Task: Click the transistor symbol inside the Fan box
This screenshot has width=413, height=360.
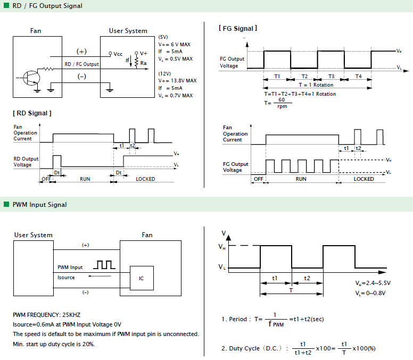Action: point(31,78)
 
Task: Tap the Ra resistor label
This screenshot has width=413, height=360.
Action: point(143,63)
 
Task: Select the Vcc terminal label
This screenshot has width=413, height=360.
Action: point(118,54)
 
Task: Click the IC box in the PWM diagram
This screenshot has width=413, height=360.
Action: point(142,278)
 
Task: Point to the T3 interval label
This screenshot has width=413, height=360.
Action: point(332,77)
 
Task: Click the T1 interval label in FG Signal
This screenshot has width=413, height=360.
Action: point(277,77)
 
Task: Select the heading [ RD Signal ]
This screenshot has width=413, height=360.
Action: point(32,113)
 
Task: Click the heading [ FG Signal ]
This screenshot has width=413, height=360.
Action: point(238,28)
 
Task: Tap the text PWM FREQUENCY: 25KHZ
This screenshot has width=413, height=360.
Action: point(47,315)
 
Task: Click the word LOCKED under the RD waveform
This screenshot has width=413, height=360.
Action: point(145,179)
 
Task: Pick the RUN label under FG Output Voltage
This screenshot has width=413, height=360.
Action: point(301,179)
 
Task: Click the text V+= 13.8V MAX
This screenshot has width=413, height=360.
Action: point(178,80)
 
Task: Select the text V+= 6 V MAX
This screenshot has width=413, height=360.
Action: point(175,45)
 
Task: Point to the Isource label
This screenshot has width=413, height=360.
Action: point(66,278)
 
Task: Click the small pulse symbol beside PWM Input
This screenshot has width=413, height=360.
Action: point(104,265)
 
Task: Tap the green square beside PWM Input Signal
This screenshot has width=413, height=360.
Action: point(6,204)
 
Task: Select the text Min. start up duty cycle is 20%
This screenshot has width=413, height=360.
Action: point(54,344)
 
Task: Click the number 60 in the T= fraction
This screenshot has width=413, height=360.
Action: point(282,100)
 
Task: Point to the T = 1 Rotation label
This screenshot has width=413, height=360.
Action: point(316,85)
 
